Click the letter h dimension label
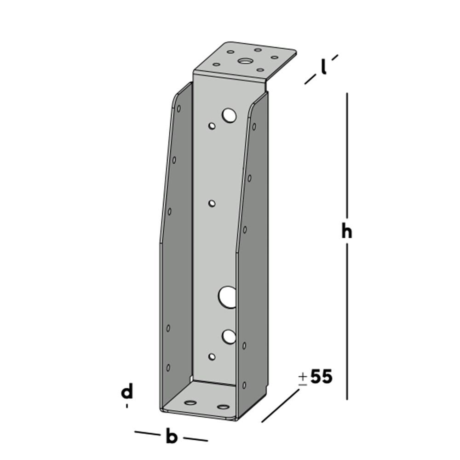pos(346,231)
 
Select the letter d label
pos(127,392)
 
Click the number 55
pos(321,377)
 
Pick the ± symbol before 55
pos(302,378)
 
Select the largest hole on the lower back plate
pos(227,297)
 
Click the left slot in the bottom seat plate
pos(190,403)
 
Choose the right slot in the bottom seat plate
pos(224,407)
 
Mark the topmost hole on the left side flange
pos(178,109)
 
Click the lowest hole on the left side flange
pos(168,367)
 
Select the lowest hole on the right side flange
pos(244,385)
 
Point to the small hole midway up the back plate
pos(212,203)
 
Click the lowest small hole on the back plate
pos(212,356)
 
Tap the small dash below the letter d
pos(127,406)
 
